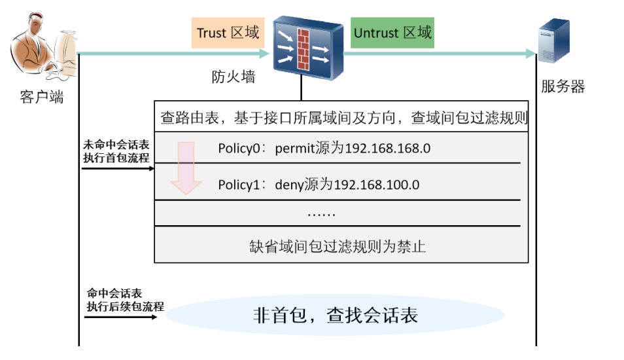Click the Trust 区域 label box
pos(228,33)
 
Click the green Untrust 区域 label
pos(392,33)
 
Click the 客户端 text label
pos(42,98)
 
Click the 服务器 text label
pos(563,86)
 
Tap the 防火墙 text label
pos(233,77)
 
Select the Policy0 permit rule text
pos(324,148)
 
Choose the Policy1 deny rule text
pos(319,185)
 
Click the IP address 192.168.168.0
pos(387,148)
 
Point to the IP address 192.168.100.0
pos(376,185)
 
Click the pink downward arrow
pos(186,167)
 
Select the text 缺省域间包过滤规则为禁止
pos(338,246)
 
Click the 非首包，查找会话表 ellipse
pos(335,316)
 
